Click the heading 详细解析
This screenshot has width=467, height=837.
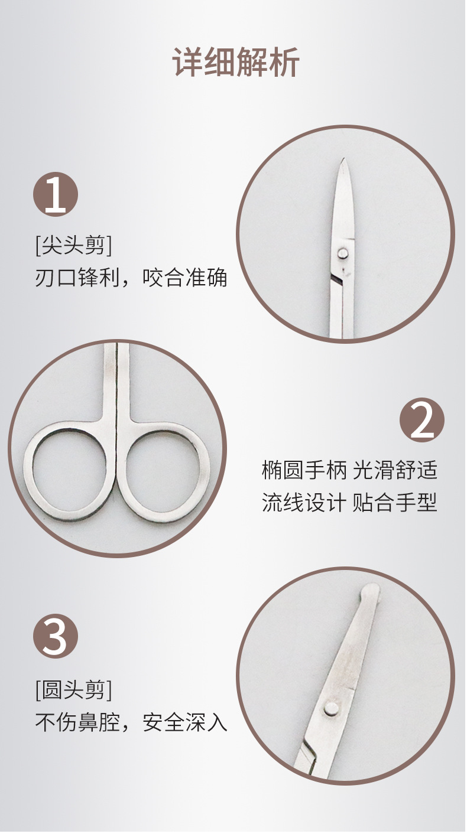click(x=236, y=62)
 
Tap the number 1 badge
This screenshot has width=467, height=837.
click(x=56, y=194)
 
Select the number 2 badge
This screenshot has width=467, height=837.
click(x=421, y=420)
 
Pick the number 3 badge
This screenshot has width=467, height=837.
click(x=56, y=636)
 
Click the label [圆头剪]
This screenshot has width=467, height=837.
click(x=73, y=689)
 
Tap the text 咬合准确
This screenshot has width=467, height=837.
click(x=185, y=278)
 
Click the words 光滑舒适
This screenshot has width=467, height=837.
click(x=395, y=471)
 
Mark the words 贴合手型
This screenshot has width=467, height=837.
click(x=395, y=503)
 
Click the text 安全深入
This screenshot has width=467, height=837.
click(x=185, y=722)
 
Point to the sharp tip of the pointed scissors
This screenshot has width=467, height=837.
click(x=342, y=161)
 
